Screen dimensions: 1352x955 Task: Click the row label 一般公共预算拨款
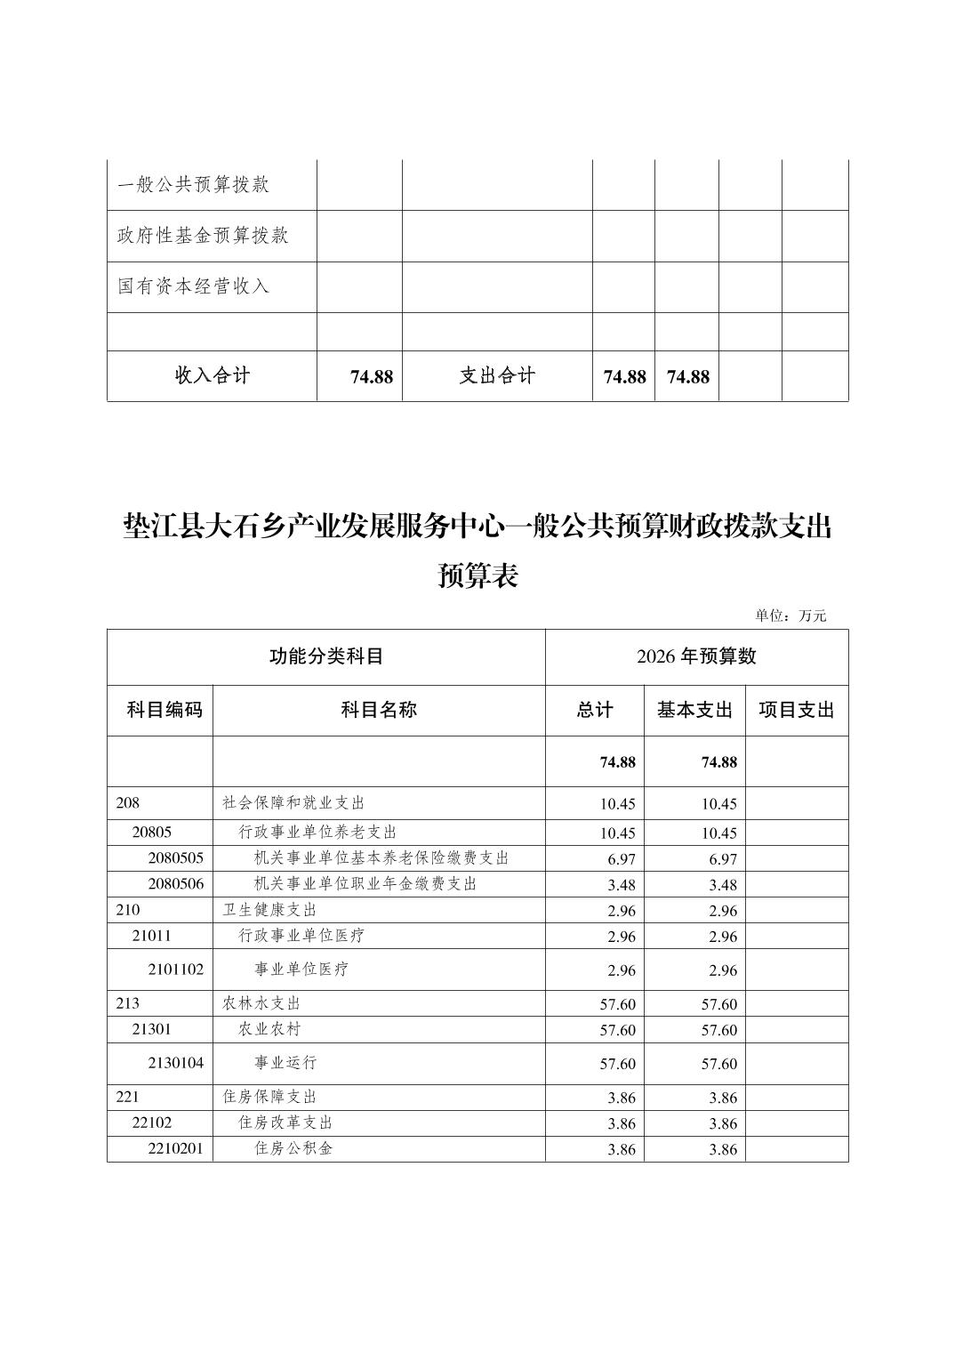tap(193, 185)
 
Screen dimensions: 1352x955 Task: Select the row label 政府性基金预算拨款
tap(203, 236)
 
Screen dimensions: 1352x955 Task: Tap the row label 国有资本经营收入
tap(193, 286)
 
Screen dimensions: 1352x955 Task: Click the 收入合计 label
tap(212, 375)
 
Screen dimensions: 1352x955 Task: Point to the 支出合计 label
tap(497, 375)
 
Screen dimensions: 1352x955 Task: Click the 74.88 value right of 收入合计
tap(371, 377)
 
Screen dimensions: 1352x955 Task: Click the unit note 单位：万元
tap(790, 616)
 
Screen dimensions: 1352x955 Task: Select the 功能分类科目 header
tap(325, 656)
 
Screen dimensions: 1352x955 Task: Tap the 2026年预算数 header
tap(696, 656)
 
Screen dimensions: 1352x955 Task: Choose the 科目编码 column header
tap(165, 710)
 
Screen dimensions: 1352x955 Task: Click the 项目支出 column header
tap(796, 710)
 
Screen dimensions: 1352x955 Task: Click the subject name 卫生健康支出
tap(269, 910)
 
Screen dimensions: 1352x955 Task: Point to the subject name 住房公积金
tap(293, 1148)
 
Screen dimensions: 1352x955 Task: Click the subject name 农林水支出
tap(261, 1003)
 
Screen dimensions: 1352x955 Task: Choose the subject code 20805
tap(151, 833)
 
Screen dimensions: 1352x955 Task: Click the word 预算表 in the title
tap(477, 576)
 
